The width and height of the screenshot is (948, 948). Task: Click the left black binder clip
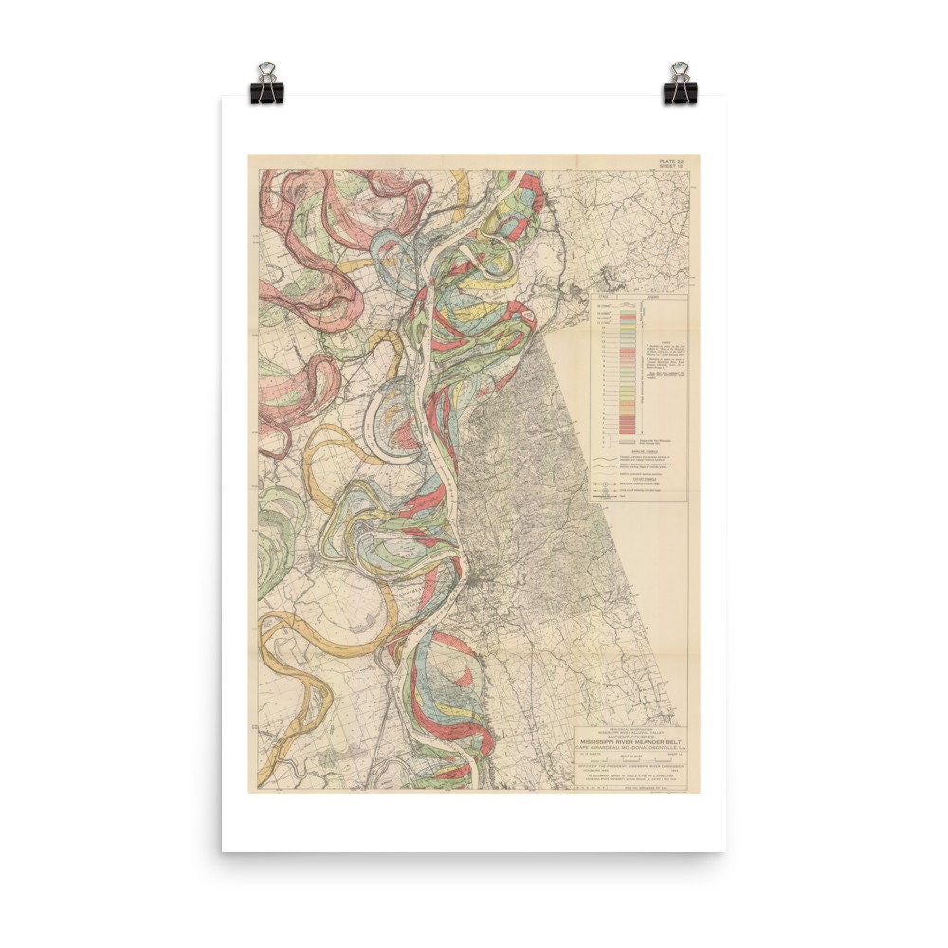coord(266,84)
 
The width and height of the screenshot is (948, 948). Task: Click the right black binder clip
coord(680,84)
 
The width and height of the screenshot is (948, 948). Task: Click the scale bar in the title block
coord(633,760)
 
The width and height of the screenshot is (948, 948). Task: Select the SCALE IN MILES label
coord(633,756)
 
